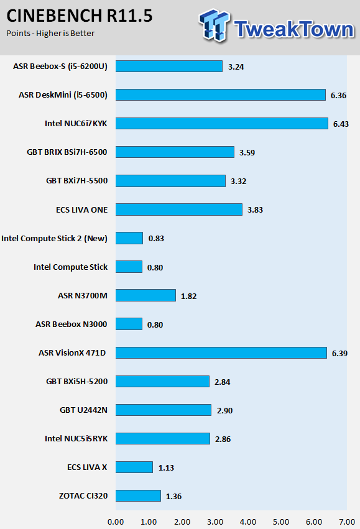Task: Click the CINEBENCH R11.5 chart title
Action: coord(80,16)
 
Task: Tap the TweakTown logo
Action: coord(276,26)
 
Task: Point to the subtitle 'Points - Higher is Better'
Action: coord(50,34)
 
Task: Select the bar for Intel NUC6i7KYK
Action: coord(222,124)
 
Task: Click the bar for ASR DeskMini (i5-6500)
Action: coord(221,95)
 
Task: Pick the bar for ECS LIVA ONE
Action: coord(179,209)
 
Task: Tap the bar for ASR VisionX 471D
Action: coord(221,352)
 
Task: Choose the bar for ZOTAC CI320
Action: coord(138,495)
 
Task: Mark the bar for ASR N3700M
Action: coord(145,295)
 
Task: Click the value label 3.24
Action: coord(236,67)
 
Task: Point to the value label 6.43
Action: coord(341,124)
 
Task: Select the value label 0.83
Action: coord(156,239)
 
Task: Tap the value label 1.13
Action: coord(167,468)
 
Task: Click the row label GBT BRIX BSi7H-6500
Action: coord(67,152)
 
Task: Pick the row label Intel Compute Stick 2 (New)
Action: coord(54,239)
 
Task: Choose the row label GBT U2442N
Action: coord(83,410)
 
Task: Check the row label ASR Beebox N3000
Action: coord(71,324)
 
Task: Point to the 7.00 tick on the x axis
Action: coord(347,522)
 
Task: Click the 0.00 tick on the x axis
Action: coord(116,522)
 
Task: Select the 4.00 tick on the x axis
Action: coord(248,522)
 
